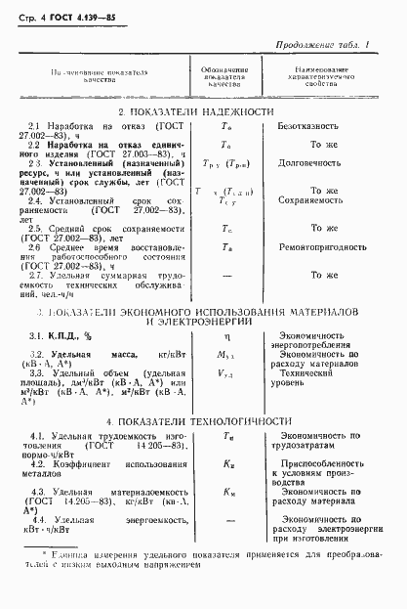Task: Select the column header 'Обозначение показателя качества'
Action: [230, 78]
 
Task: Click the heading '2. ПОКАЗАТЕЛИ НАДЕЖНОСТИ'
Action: [203, 112]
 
